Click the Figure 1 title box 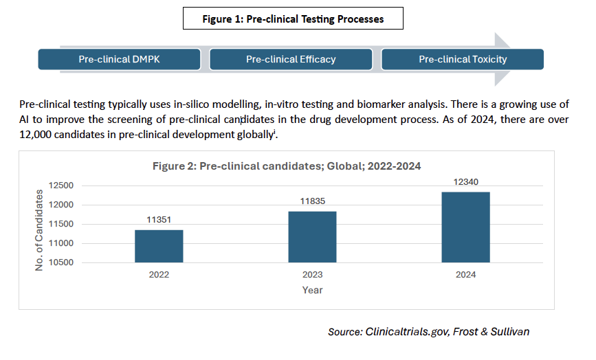click(x=292, y=19)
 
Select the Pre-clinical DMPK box click(x=119, y=59)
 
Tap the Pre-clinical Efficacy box click(x=291, y=59)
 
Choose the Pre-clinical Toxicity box click(x=463, y=59)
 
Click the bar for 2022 click(x=159, y=246)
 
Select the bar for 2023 click(x=312, y=236)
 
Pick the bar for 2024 click(x=465, y=227)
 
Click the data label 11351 click(x=159, y=221)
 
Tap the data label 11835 click(x=312, y=202)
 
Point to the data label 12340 click(x=465, y=182)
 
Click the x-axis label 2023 click(x=312, y=274)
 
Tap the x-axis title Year click(x=312, y=290)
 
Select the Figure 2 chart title click(x=286, y=166)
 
